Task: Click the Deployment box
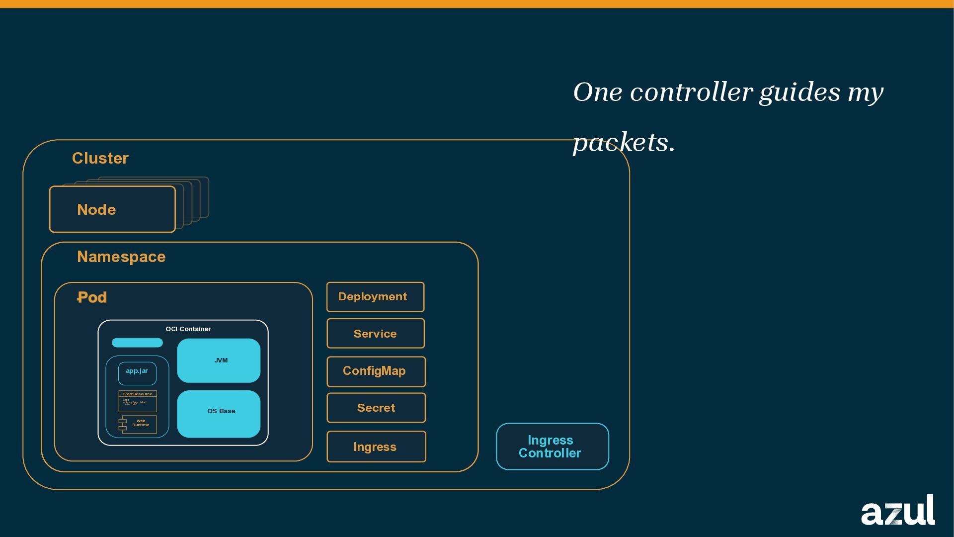375,297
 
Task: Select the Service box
375,334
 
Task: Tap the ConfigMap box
376,371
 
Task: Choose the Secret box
376,408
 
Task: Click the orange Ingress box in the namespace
376,447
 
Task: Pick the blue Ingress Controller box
552,447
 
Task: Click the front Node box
112,209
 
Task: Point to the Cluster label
100,158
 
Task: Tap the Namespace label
121,257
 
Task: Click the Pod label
92,297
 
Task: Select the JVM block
219,360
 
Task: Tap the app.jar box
137,373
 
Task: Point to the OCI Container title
188,329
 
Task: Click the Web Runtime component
139,424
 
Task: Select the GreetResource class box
138,401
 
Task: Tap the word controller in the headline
691,92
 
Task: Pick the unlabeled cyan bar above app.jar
137,343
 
